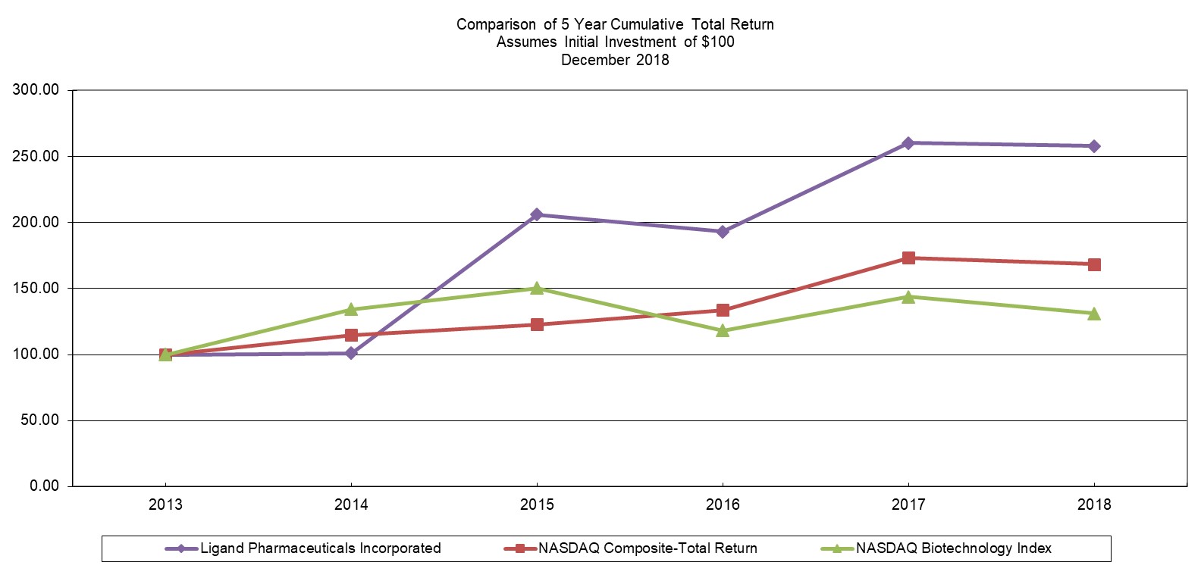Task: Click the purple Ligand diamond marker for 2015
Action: (x=537, y=214)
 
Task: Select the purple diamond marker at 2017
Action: (x=908, y=143)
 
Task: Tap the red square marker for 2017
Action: (x=908, y=258)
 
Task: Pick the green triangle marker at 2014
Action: (x=351, y=309)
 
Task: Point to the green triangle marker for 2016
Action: (x=723, y=330)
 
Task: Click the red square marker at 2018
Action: (x=1094, y=264)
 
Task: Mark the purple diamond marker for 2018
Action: (x=1094, y=146)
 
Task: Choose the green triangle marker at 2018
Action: (x=1094, y=313)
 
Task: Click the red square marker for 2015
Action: (x=537, y=325)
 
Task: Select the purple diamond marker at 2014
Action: (x=351, y=353)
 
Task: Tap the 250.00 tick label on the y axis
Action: (x=36, y=156)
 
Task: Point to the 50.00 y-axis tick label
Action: (x=39, y=420)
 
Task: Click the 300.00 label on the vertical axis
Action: (x=36, y=90)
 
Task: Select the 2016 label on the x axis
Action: (x=723, y=504)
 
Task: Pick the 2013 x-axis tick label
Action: (x=165, y=504)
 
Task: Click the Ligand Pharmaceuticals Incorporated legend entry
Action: (x=320, y=548)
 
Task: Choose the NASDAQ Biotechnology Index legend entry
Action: (x=953, y=548)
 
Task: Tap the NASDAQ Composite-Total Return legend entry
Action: (x=647, y=548)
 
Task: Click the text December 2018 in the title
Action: (x=615, y=60)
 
